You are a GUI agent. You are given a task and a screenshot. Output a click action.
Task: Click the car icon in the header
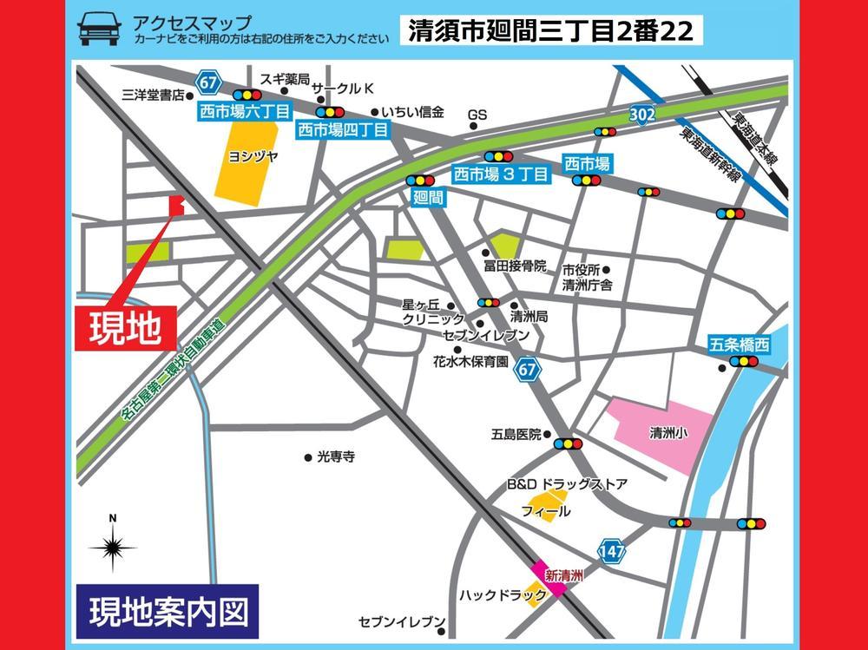(x=100, y=29)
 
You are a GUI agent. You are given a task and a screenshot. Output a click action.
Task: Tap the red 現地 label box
(x=127, y=328)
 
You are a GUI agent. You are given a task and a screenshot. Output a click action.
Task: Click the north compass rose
(x=112, y=547)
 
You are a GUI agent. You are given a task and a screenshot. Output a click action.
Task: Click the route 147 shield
(x=611, y=550)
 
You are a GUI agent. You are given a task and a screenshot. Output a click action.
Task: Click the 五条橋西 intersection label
(x=739, y=345)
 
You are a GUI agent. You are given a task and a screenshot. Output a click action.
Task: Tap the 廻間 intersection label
(x=430, y=198)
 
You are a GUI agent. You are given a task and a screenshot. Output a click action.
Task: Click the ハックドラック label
(x=503, y=595)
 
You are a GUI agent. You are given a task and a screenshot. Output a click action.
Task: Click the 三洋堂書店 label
(x=155, y=95)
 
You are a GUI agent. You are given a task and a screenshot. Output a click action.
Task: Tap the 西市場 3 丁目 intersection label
(x=502, y=174)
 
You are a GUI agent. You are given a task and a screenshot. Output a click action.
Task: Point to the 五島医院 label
(x=516, y=434)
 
